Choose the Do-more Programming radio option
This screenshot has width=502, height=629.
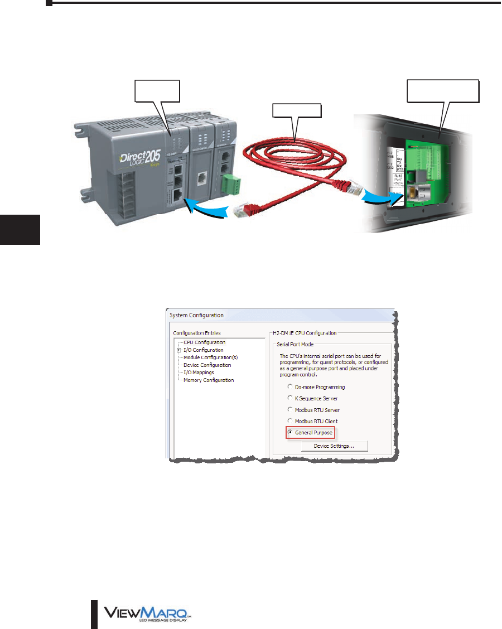(289, 387)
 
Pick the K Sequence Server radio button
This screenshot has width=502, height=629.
(289, 398)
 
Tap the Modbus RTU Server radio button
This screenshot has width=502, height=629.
(289, 410)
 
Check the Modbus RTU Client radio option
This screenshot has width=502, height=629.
(289, 421)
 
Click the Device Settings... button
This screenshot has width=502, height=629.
(335, 446)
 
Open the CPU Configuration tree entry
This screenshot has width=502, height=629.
(204, 342)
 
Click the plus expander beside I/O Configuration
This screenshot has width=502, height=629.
(178, 350)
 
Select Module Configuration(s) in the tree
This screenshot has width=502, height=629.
(211, 357)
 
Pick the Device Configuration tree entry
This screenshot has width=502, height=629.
(207, 365)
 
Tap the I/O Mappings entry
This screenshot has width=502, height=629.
(199, 372)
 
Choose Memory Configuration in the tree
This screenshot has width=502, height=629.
(209, 380)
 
